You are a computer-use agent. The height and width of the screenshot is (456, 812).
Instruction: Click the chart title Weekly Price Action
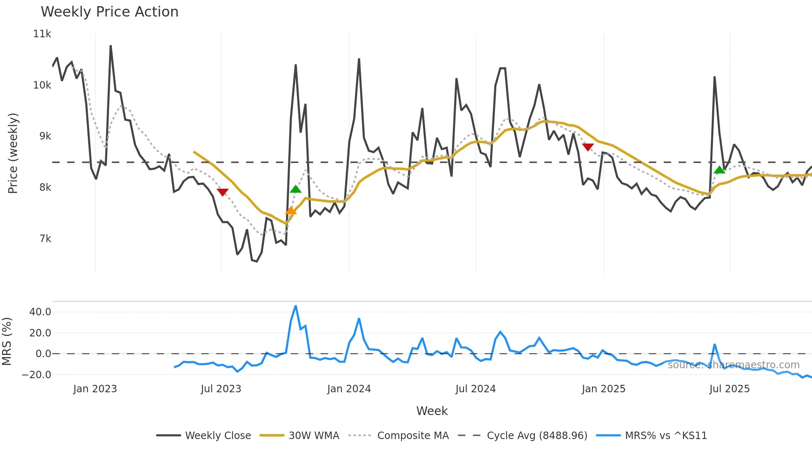click(x=109, y=12)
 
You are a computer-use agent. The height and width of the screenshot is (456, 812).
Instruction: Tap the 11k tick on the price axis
click(x=42, y=34)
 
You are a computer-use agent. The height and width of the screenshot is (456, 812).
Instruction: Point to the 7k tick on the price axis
click(x=45, y=239)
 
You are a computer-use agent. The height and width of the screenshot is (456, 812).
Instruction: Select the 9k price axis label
click(x=45, y=136)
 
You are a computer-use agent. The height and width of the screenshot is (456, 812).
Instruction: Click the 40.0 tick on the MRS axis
click(x=40, y=312)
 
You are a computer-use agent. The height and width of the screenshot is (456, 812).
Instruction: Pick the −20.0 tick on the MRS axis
click(x=36, y=375)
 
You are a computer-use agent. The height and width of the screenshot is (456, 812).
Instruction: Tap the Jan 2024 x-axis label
click(x=349, y=389)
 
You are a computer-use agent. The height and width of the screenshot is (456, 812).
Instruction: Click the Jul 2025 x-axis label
click(x=729, y=389)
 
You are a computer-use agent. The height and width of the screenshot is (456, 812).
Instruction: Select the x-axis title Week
click(x=432, y=411)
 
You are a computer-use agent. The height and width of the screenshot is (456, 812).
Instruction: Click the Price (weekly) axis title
click(x=13, y=153)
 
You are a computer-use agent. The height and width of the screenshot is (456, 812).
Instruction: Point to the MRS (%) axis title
click(x=7, y=341)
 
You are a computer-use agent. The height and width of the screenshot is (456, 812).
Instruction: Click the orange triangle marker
click(x=291, y=211)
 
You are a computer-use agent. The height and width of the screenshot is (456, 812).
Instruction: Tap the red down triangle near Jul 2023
click(x=222, y=192)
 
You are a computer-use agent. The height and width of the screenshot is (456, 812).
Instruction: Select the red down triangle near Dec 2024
click(x=587, y=147)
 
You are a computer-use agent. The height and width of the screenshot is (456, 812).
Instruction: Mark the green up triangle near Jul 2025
click(x=719, y=170)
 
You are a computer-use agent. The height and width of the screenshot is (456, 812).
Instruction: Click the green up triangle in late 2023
click(x=295, y=189)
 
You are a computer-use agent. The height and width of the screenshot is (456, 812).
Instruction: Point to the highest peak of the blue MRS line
click(x=295, y=306)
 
